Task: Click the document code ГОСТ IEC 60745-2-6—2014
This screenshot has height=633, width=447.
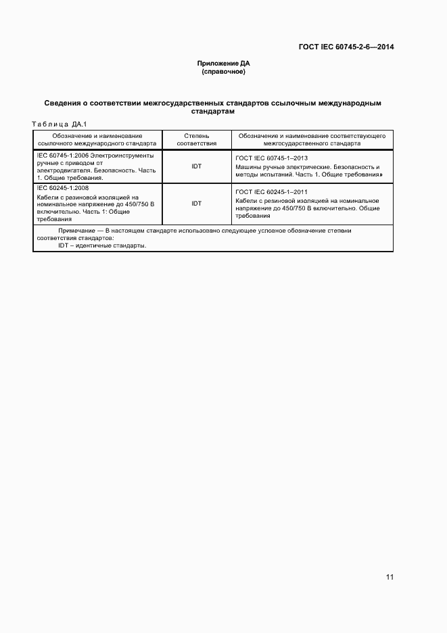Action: [x=346, y=47]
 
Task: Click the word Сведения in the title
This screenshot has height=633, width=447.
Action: [x=62, y=103]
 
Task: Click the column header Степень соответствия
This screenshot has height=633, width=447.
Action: [x=196, y=139]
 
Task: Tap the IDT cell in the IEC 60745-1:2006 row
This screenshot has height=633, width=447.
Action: [x=196, y=166]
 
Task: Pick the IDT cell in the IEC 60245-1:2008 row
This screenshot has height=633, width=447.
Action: [x=196, y=203]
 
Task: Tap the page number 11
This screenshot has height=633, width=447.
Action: [x=390, y=577]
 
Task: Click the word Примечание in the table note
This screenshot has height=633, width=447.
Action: [x=76, y=231]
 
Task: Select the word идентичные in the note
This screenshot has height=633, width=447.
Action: [x=97, y=245]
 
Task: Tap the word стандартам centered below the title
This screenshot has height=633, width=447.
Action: [x=213, y=112]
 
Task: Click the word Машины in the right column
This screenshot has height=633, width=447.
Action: [x=248, y=166]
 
